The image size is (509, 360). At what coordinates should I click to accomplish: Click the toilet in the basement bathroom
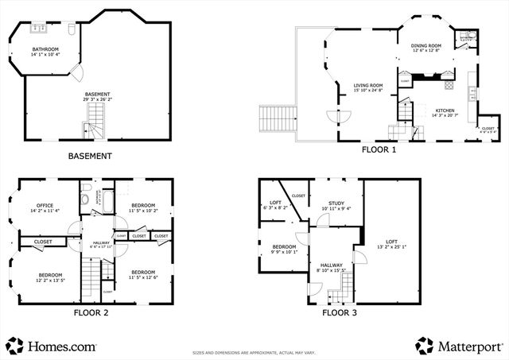(71, 30)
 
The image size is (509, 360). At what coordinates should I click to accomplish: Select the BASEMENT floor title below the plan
(89, 157)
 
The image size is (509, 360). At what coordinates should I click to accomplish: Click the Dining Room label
(425, 46)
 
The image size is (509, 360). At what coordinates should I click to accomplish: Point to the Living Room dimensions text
(368, 91)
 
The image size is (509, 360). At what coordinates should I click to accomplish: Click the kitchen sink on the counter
(475, 93)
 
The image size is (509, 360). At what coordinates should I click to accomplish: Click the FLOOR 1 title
(379, 149)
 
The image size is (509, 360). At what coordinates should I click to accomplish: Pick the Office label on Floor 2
(45, 206)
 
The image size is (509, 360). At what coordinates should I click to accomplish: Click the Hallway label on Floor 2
(101, 242)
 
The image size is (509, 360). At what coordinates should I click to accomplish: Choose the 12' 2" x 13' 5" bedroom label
(49, 280)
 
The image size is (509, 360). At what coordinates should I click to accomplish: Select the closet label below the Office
(43, 242)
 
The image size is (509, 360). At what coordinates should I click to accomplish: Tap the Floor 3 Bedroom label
(284, 247)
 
